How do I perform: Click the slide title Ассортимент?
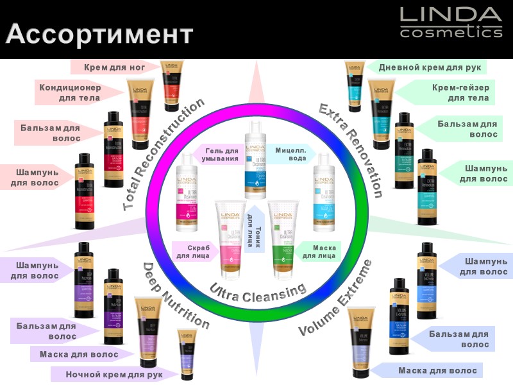coord(99,33)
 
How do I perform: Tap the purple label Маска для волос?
coord(78,354)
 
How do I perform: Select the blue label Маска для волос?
coord(437,370)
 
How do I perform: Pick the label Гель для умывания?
coord(222,154)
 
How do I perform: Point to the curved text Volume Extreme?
coord(337,299)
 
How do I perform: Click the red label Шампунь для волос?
coord(35,177)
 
